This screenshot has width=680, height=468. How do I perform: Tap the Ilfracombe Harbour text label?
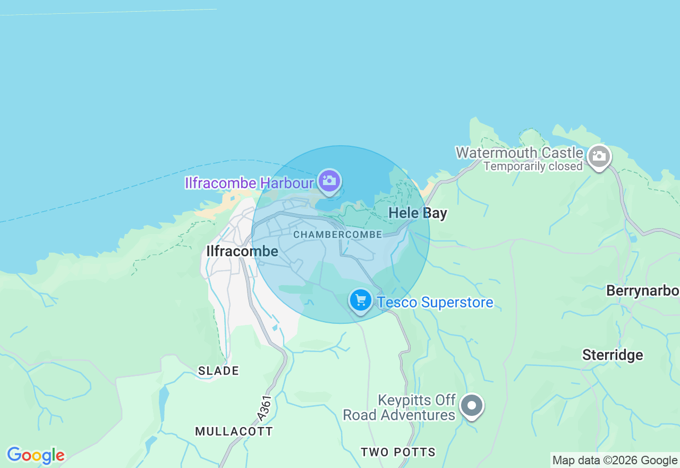[x=249, y=183]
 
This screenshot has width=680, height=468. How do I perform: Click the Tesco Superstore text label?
[x=435, y=303]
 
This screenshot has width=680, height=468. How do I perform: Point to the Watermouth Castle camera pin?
[x=599, y=156]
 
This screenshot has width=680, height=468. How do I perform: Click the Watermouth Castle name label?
[x=519, y=153]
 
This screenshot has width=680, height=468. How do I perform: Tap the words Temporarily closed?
[x=533, y=166]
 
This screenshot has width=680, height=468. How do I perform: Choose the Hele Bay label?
[x=418, y=213]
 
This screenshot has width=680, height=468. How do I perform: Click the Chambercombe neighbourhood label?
[x=337, y=235]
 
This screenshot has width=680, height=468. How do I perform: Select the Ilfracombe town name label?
[x=242, y=251]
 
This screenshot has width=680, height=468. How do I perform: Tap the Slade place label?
[x=218, y=371]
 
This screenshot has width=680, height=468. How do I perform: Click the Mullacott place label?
[x=234, y=431]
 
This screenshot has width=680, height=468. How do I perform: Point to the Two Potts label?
[x=398, y=452]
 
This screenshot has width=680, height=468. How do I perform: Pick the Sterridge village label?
[x=613, y=355]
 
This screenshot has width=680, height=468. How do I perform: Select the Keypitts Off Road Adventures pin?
[x=471, y=406]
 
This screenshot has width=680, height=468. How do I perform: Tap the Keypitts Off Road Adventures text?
[x=399, y=407]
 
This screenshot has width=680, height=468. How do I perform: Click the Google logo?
[x=36, y=455]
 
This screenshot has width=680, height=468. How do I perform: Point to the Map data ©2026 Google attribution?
[x=615, y=461]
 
